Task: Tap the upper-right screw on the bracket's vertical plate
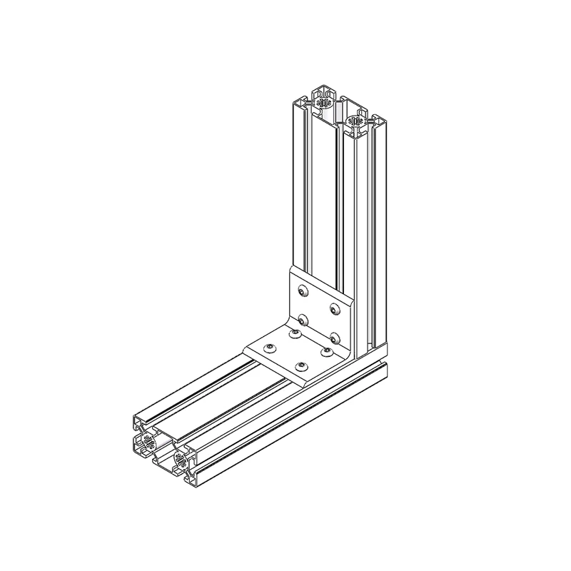pos(333,308)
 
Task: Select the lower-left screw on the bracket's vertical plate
pos(303,318)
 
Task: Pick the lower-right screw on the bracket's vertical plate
pos(333,335)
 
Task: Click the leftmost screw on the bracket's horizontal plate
pos(269,348)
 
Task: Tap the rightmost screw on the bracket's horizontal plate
pos(328,350)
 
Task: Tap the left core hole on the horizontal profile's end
pos(148,444)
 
